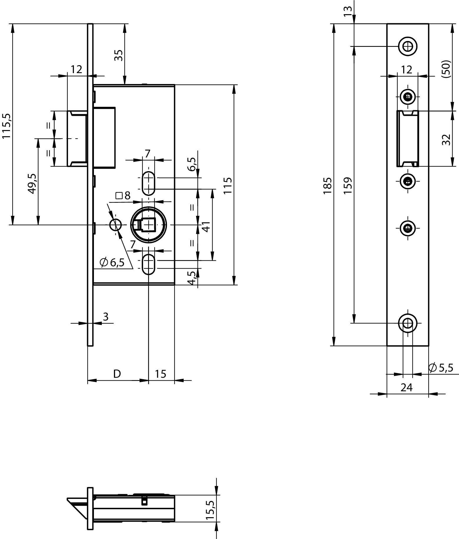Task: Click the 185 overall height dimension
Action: coord(327,185)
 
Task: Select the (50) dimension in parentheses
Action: coord(446,69)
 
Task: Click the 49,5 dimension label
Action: coord(32,183)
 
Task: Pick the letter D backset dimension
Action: coord(117,374)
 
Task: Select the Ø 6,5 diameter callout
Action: coord(112,262)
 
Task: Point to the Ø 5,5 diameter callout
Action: coord(441,368)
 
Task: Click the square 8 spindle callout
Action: coord(123,195)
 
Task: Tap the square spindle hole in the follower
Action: coord(148,225)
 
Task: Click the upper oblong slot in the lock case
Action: coord(148,183)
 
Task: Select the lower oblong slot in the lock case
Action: coord(148,264)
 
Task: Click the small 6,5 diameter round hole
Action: coord(115,225)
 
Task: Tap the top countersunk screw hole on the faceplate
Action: coord(408,46)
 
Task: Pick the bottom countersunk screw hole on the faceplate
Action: coord(408,323)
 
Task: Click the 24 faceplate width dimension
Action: coord(407,387)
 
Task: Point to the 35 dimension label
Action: coord(118,55)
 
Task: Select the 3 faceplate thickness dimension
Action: coord(106,317)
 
